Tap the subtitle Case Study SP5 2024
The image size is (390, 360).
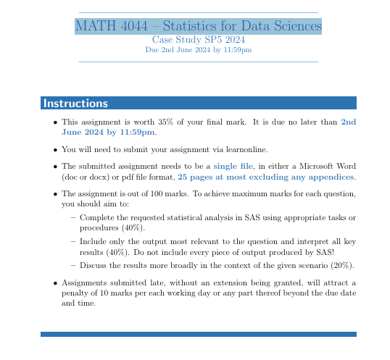point(198,40)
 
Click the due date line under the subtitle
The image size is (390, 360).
point(198,50)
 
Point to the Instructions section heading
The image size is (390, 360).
point(75,104)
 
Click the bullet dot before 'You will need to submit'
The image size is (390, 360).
point(56,150)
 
